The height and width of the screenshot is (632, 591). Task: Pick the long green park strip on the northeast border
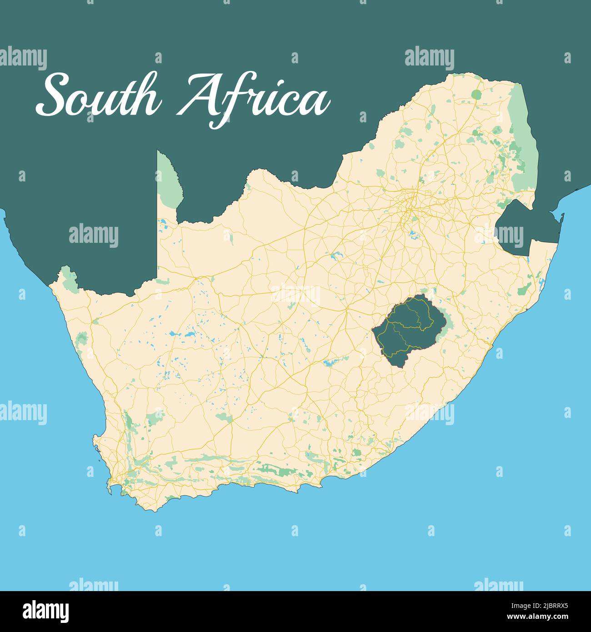point(523,136)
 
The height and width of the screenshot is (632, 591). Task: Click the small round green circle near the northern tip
point(476,95)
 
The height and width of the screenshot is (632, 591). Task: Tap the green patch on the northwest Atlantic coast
point(82,339)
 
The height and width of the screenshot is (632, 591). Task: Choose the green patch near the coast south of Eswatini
point(525,289)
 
